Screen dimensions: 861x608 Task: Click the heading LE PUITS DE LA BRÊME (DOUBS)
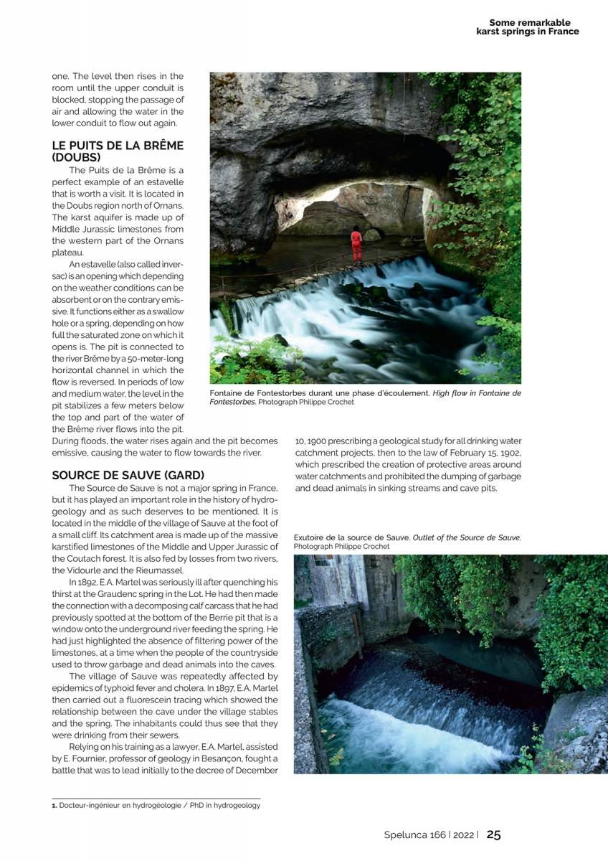(118, 150)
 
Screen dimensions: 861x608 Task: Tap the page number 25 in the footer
(494, 834)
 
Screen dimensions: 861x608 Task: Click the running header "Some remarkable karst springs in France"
(528, 27)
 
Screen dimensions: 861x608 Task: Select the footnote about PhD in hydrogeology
(156, 805)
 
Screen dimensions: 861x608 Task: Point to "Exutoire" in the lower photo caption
(310, 537)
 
